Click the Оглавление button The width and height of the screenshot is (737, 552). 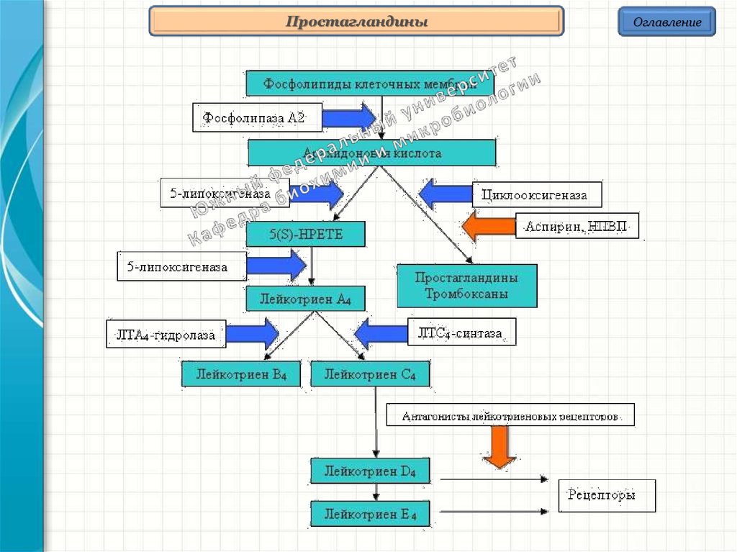pos(666,22)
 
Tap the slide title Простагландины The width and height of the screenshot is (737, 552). pos(356,22)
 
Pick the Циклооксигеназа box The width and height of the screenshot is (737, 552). pos(537,195)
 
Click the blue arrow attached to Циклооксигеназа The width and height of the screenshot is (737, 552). pos(444,194)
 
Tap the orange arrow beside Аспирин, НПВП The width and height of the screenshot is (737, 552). pos(487,226)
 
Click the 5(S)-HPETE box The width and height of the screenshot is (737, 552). pos(306,234)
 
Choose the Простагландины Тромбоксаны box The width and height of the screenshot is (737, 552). pos(467,286)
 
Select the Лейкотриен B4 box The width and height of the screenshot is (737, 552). pos(240,374)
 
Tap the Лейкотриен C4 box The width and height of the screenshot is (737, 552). pos(370,374)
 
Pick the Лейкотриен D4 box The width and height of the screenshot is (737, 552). pos(371,471)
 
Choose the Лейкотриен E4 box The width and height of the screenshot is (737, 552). pos(371,514)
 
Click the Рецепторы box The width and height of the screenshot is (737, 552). pos(607,495)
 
